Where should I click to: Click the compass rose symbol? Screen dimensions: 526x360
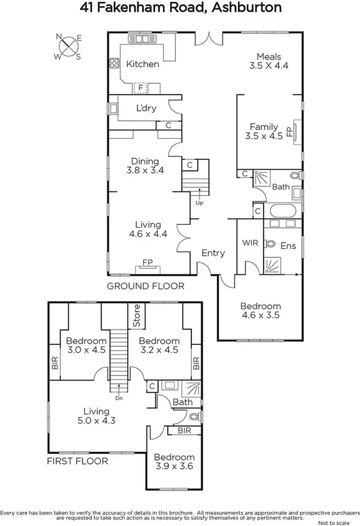(x=68, y=46)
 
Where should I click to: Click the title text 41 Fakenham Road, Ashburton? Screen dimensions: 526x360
(x=180, y=8)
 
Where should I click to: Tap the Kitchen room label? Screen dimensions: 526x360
(x=142, y=64)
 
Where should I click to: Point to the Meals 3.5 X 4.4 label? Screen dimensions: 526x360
(x=269, y=61)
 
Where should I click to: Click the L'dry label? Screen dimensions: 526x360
(x=146, y=108)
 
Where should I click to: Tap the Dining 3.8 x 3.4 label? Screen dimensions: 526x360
(x=145, y=166)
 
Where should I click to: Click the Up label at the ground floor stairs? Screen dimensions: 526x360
(x=200, y=203)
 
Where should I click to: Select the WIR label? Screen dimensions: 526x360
(x=249, y=243)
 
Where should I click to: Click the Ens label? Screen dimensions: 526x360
(x=288, y=246)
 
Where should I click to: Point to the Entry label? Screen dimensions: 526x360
(x=213, y=253)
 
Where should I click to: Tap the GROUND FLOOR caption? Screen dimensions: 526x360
(x=145, y=286)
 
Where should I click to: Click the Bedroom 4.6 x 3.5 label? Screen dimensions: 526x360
(x=261, y=311)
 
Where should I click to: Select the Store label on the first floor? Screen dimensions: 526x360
(x=136, y=315)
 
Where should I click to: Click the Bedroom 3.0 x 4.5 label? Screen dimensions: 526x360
(x=81, y=346)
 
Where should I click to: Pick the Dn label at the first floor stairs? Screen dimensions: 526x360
(x=119, y=398)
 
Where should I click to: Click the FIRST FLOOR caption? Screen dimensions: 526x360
(x=77, y=460)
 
